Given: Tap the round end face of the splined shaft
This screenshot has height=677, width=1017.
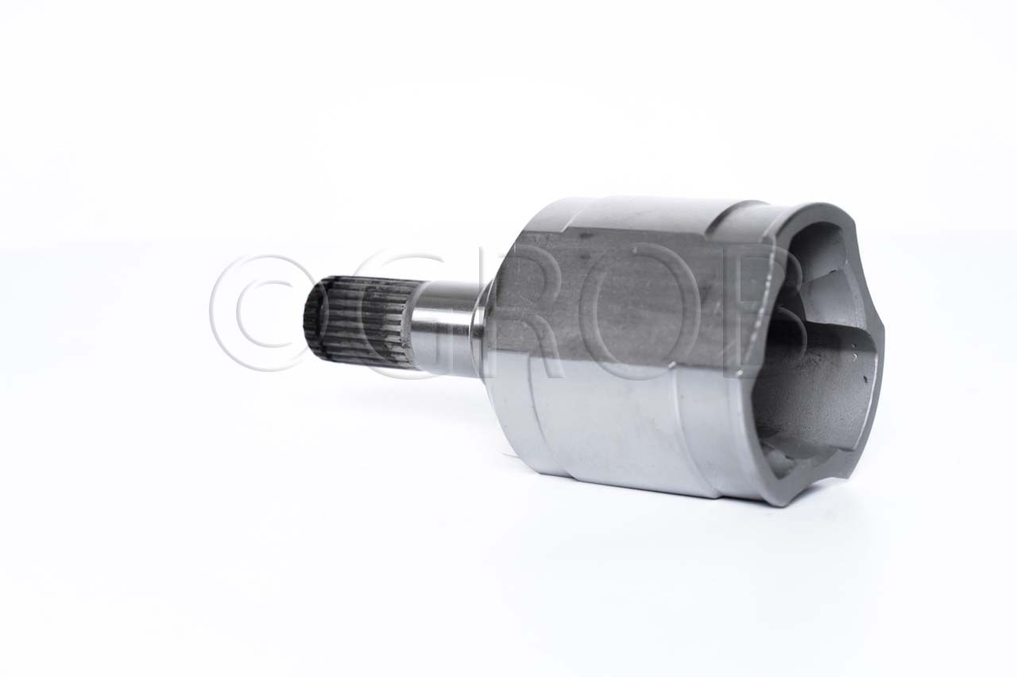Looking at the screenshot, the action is [x=312, y=322].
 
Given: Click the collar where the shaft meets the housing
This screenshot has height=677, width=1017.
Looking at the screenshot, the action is [x=484, y=327].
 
